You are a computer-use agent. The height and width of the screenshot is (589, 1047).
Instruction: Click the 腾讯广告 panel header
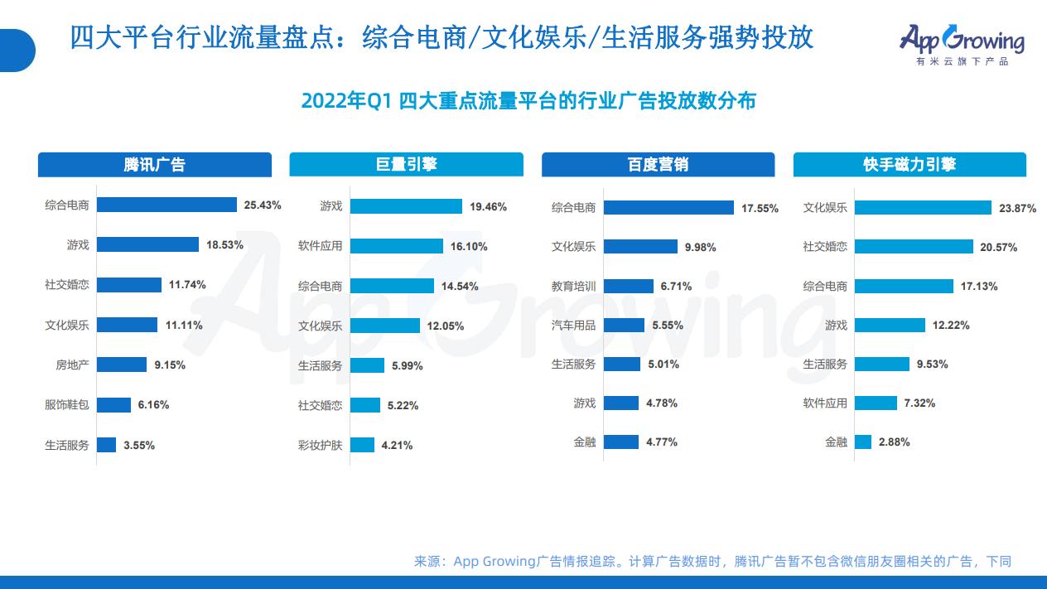[x=154, y=164]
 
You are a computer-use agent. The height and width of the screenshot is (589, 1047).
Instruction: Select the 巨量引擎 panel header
[x=406, y=164]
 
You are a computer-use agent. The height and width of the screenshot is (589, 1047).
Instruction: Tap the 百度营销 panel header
[x=658, y=164]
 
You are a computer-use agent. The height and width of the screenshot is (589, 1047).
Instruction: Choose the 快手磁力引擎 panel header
[x=909, y=164]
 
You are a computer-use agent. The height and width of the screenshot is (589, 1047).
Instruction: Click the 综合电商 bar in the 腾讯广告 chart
[x=166, y=205]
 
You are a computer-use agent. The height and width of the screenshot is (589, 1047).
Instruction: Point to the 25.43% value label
[x=263, y=205]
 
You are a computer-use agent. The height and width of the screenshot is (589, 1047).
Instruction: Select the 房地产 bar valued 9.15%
[x=122, y=365]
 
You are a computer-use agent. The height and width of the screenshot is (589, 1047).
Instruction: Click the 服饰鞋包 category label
[x=67, y=405]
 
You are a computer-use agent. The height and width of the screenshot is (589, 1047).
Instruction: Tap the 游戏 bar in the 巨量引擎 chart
[x=406, y=206]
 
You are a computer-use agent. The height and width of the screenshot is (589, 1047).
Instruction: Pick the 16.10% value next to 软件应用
[x=468, y=246]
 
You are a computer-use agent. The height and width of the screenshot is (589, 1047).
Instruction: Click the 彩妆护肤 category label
[x=320, y=445]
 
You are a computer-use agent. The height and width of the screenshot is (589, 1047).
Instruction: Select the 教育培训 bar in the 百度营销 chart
[x=627, y=286]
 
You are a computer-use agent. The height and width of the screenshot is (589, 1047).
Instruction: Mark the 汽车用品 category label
[x=573, y=326]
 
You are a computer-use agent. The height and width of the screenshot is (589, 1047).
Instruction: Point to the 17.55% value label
[x=760, y=209]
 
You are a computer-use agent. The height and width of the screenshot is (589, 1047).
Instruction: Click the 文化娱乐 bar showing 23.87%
[x=923, y=207]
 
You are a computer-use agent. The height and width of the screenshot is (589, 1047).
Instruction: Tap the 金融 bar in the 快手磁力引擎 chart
[x=863, y=442]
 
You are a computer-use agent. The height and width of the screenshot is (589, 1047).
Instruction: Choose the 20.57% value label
[x=996, y=248]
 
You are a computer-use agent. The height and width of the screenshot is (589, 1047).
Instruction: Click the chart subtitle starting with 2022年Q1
[x=528, y=101]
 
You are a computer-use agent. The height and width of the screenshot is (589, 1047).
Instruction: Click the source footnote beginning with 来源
[x=712, y=562]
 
